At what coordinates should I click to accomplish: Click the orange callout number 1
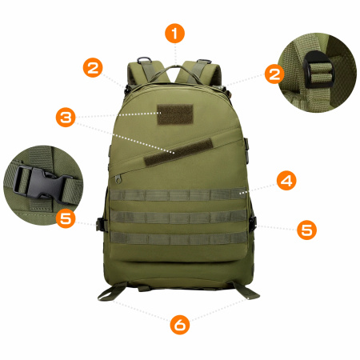click(174, 33)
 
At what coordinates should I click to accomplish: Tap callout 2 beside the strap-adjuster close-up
click(275, 74)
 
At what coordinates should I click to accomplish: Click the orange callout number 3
click(66, 118)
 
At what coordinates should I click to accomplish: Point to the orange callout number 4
click(286, 180)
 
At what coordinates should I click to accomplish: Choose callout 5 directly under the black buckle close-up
click(66, 218)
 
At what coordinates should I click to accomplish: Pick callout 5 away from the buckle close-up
click(306, 230)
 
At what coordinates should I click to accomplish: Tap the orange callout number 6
click(180, 324)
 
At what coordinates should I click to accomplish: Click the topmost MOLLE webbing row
click(178, 194)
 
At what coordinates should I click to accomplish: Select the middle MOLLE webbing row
click(178, 217)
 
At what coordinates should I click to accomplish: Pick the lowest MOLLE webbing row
click(178, 238)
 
